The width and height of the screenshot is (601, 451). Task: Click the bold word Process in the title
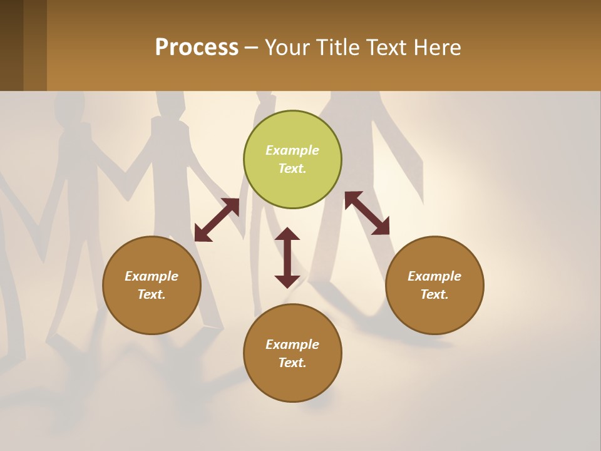point(197,48)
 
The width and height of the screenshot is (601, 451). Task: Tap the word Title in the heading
point(342,48)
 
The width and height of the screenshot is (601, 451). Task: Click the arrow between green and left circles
point(217,220)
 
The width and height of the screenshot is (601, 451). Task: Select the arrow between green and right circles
point(367,213)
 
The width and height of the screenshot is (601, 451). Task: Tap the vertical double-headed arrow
point(287,257)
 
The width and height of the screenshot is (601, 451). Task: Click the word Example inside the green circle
point(292,150)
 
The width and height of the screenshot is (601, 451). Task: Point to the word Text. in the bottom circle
point(292,363)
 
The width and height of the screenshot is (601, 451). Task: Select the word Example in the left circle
point(152,276)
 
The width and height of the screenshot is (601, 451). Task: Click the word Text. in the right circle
point(434,294)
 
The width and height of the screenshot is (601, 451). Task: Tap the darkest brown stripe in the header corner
point(11,45)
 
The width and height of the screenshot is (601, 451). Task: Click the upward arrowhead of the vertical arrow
point(287,234)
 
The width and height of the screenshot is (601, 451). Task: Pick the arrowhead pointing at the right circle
point(381,227)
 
